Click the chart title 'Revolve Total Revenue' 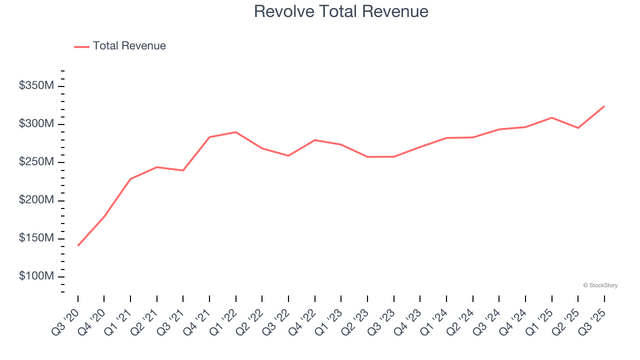(341, 11)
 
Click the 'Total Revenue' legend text (129, 46)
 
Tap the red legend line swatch (81, 46)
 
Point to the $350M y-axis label (36, 86)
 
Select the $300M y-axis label (36, 124)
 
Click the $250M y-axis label (36, 162)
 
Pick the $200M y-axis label (36, 200)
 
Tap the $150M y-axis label (36, 238)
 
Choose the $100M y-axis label (36, 276)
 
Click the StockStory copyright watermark (600, 285)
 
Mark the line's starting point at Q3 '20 (78, 245)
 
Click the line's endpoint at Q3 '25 (604, 106)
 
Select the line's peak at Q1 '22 (236, 132)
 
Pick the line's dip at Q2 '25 (578, 128)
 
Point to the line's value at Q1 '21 (130, 179)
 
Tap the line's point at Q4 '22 (315, 140)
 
